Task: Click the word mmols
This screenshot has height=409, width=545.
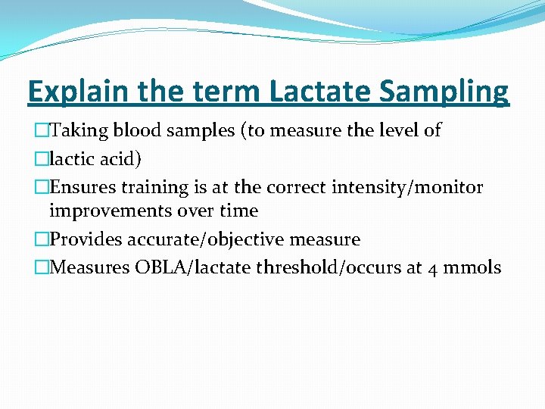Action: pyautogui.click(x=473, y=267)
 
